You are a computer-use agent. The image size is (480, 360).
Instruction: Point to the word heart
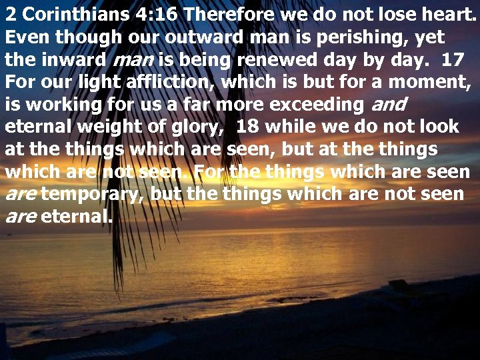(x=451, y=14)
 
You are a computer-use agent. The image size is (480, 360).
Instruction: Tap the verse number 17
(x=453, y=59)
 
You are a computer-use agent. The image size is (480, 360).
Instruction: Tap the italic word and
(x=387, y=105)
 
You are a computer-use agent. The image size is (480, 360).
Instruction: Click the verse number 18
(x=247, y=127)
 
